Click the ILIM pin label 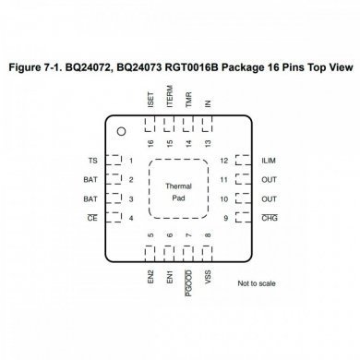pyautogui.click(x=270, y=160)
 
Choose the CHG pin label pyautogui.click(x=270, y=218)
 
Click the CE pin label pyautogui.click(x=90, y=218)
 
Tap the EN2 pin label pyautogui.click(x=150, y=276)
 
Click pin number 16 pyautogui.click(x=150, y=142)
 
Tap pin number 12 pyautogui.click(x=225, y=160)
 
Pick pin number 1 pyautogui.click(x=131, y=160)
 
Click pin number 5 pyautogui.click(x=150, y=236)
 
